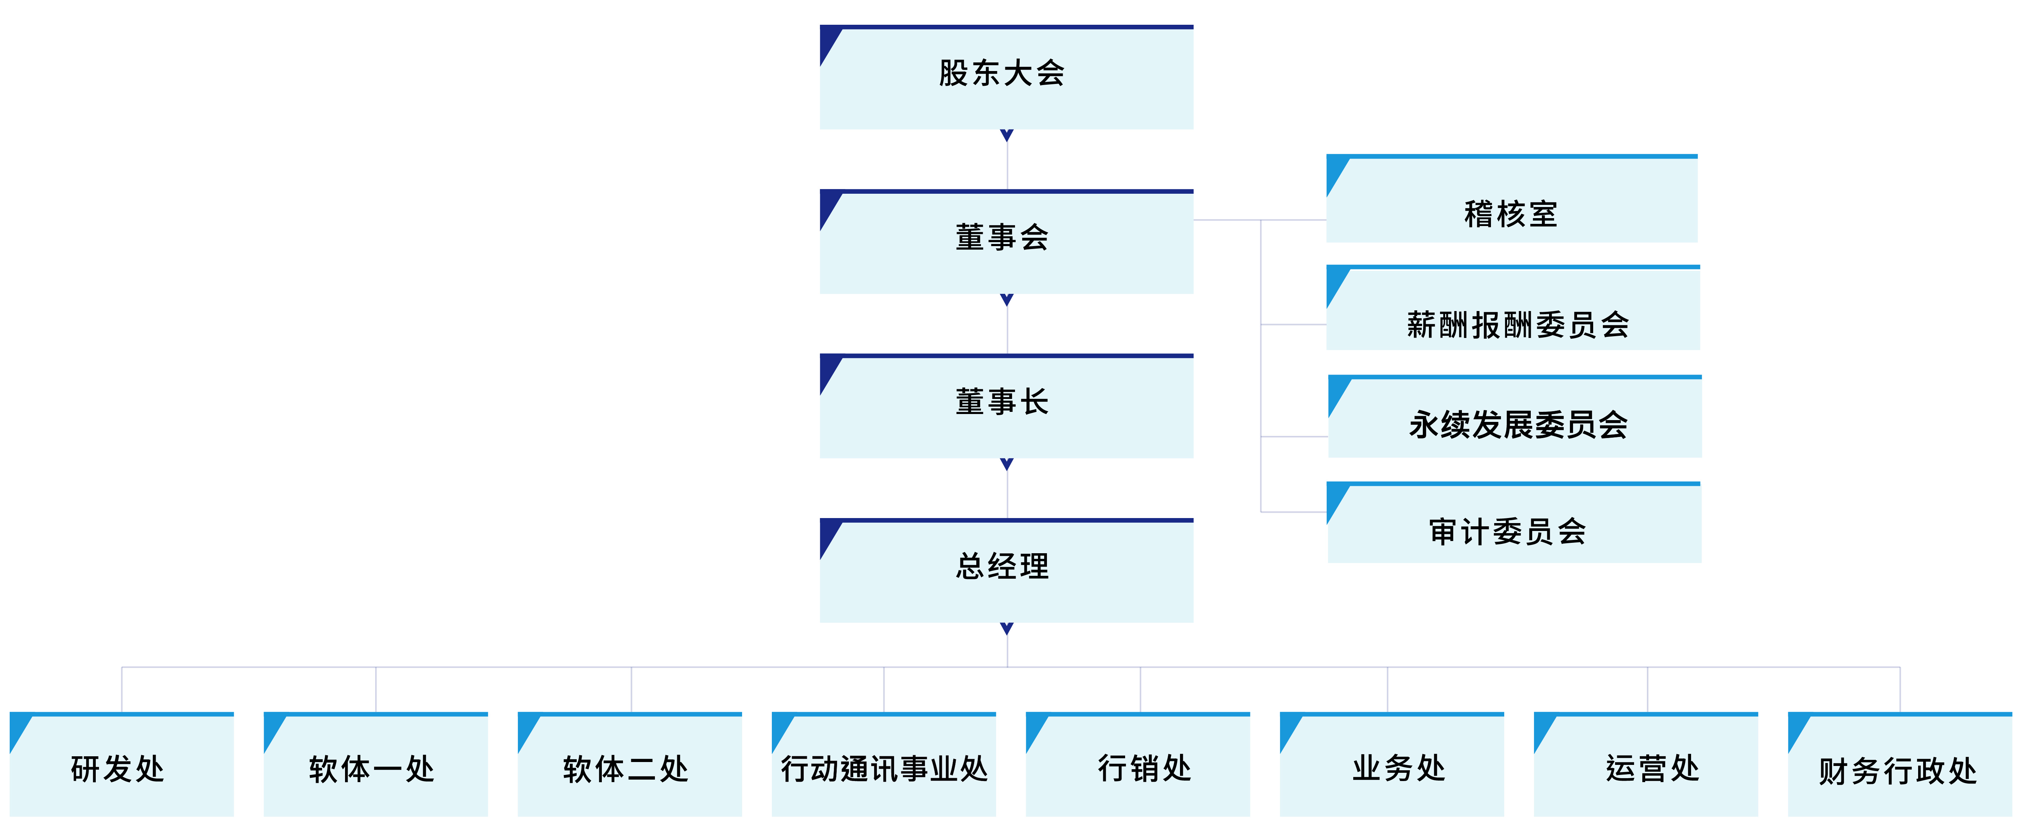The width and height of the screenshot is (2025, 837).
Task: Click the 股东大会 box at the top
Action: point(1006,77)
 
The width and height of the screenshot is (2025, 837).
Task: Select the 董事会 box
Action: point(1006,241)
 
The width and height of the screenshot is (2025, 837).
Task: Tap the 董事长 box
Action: point(1006,406)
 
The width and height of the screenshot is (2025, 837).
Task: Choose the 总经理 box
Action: point(1006,570)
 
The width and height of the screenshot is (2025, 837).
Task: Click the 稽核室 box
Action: point(1512,198)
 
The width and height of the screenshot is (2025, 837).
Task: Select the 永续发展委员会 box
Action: point(1515,416)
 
